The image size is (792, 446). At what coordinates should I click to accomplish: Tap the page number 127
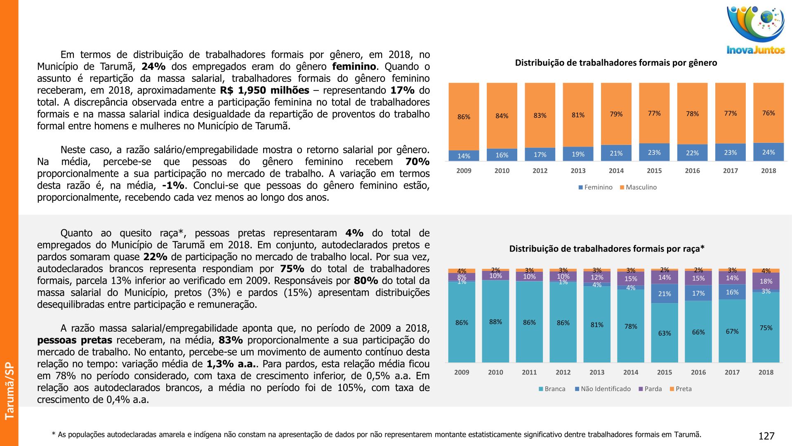tap(766, 436)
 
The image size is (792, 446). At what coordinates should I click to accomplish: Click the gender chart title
tap(616, 63)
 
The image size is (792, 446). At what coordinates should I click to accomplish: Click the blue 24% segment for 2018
tap(768, 152)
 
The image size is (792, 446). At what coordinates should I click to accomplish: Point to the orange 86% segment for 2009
tap(464, 116)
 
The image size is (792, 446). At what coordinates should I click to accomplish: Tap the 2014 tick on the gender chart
tap(616, 171)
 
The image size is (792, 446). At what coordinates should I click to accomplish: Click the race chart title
tap(607, 249)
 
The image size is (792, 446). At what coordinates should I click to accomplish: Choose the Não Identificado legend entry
tap(603, 389)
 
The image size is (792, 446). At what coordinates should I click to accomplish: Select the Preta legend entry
tap(681, 389)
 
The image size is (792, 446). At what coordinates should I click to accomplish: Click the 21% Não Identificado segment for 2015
tap(665, 294)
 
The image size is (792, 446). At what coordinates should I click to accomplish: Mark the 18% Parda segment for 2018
tap(766, 281)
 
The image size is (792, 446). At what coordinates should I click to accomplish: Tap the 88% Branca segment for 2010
tap(495, 322)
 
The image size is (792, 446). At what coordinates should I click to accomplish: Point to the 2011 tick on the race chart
tap(529, 372)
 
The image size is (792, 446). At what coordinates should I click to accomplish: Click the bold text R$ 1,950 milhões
tap(264, 90)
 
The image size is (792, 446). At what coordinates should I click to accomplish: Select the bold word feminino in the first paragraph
tap(354, 66)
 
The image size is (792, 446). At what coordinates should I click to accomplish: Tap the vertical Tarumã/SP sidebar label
tap(9, 391)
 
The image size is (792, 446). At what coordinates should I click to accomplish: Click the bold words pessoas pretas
tap(75, 340)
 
